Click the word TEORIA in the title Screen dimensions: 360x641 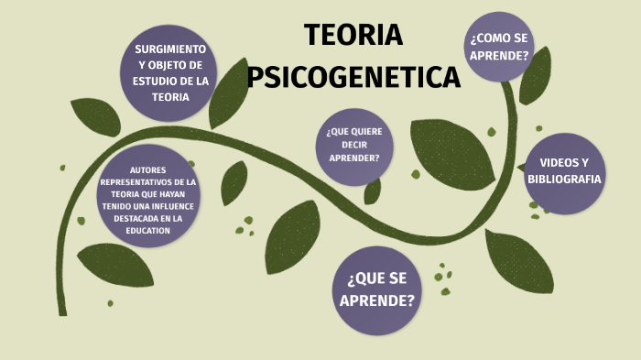[x=353, y=35]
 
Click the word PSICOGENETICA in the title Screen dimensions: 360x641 [x=353, y=76]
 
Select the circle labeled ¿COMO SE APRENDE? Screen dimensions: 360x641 [x=499, y=47]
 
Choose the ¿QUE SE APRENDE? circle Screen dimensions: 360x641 [x=376, y=289]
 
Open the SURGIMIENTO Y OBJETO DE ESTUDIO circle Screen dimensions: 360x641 [x=170, y=72]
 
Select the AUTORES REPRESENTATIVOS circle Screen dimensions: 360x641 [x=149, y=199]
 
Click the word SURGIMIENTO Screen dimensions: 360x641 [x=170, y=48]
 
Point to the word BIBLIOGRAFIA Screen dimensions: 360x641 [x=564, y=179]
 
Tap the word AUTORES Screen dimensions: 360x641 [x=148, y=169]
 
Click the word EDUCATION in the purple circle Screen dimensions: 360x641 [x=149, y=230]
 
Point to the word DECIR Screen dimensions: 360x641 [x=354, y=145]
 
